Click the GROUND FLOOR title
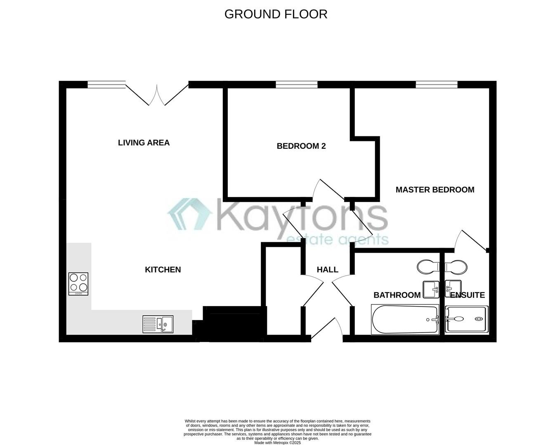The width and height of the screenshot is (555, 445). (276, 14)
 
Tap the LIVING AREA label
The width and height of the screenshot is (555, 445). (144, 143)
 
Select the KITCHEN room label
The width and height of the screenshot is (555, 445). (163, 269)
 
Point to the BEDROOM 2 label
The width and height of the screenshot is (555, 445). (301, 146)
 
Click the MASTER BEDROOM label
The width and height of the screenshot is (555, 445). (435, 190)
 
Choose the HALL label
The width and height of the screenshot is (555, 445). (327, 269)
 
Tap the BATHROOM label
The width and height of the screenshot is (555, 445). (397, 295)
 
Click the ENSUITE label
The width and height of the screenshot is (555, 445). (467, 295)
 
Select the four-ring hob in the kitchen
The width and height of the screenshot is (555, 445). (78, 283)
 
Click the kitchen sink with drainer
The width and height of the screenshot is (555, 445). (158, 324)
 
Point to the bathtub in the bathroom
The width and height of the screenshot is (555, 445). (405, 320)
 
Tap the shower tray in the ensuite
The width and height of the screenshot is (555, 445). (467, 319)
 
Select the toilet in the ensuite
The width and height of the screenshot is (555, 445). (456, 267)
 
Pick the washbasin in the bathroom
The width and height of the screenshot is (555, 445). (432, 289)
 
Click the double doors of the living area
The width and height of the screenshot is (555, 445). (157, 94)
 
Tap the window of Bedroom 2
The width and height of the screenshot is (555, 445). (297, 84)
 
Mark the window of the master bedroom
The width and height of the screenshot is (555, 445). (437, 84)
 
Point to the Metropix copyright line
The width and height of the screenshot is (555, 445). (277, 443)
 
